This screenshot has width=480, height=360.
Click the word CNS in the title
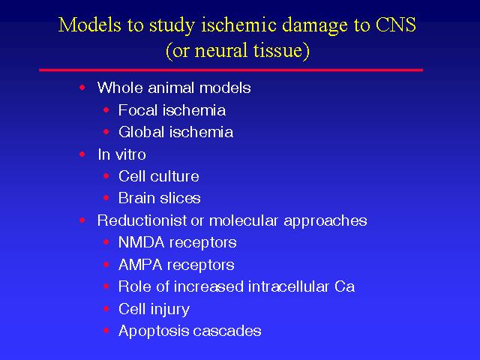395,25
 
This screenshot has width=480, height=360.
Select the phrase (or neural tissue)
238,50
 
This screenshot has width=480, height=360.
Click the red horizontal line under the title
231,70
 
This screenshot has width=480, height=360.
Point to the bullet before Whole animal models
82,88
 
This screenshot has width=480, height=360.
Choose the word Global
142,132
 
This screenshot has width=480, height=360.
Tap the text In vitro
121,154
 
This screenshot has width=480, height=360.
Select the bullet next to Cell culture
106,176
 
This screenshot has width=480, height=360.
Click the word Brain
136,198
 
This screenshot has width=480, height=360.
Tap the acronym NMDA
142,242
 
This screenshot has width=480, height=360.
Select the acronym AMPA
140,265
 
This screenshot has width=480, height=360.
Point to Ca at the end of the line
344,286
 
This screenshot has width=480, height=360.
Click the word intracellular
289,286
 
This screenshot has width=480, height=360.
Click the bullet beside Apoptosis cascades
106,331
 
